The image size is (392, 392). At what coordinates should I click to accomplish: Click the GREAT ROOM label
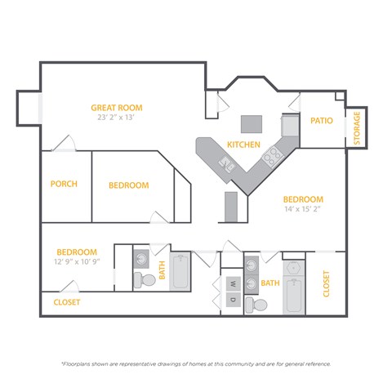(x=117, y=107)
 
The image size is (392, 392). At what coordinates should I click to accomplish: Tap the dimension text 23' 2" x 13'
(x=117, y=118)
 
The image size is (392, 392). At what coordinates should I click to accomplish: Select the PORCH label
(x=64, y=185)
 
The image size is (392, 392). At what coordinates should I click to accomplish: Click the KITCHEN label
(x=243, y=145)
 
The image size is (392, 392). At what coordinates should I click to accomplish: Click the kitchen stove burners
(x=272, y=153)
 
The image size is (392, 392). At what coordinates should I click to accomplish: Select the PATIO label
(x=322, y=121)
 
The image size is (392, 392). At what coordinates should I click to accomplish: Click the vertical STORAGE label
(x=357, y=128)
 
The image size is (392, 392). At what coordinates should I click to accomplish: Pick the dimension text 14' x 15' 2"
(x=303, y=210)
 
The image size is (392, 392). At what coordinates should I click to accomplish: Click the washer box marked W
(x=232, y=284)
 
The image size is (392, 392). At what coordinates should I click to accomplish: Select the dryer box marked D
(x=232, y=300)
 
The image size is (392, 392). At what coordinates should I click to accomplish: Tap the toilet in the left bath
(x=146, y=279)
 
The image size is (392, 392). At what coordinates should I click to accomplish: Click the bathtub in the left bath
(x=180, y=273)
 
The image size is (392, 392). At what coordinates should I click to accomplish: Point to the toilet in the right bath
(x=259, y=305)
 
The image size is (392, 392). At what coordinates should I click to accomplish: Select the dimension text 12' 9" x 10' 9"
(x=77, y=262)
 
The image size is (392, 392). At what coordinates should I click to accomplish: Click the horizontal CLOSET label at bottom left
(x=67, y=302)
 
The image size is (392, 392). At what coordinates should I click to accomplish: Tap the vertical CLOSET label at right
(x=327, y=283)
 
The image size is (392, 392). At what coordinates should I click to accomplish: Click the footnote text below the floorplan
(x=196, y=363)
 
